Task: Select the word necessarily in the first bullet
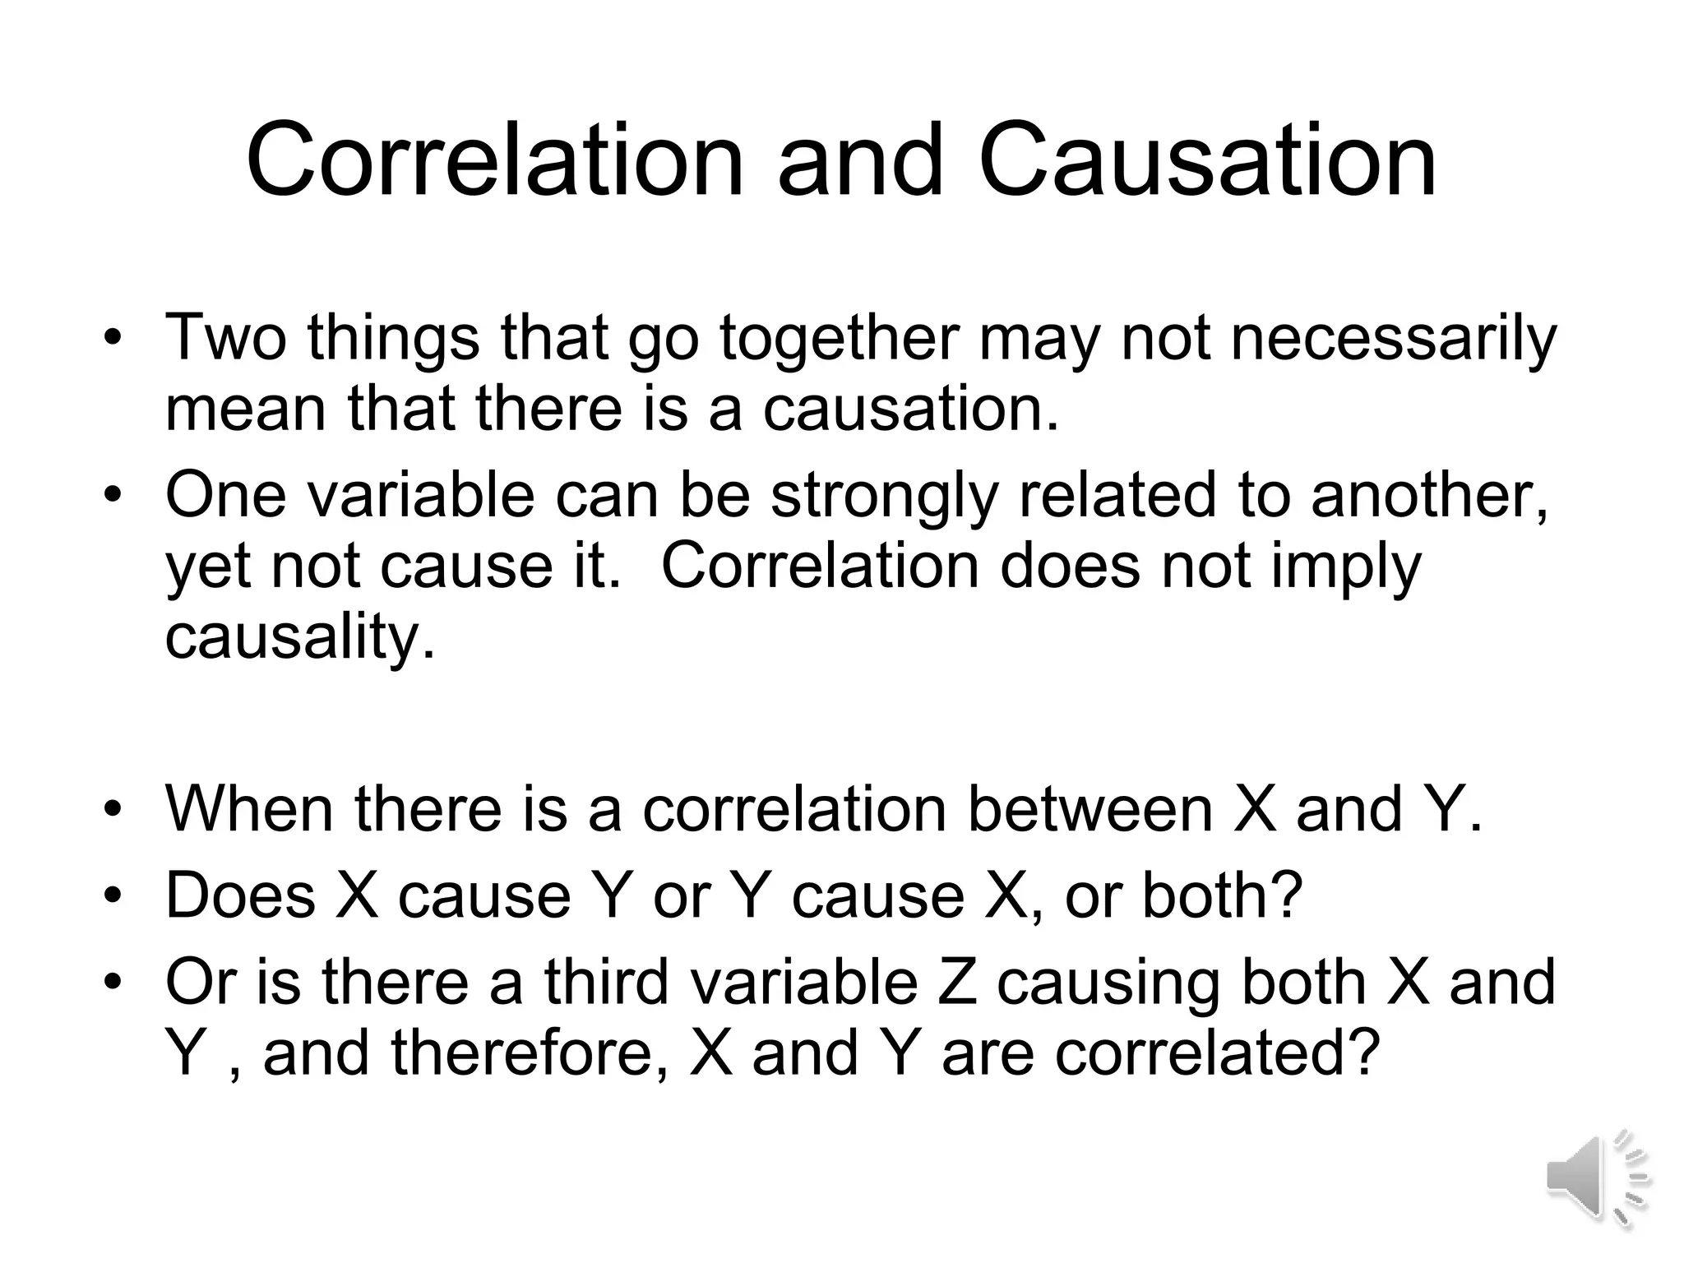coord(1393,339)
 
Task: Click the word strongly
coord(884,497)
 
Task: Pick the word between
coord(1090,809)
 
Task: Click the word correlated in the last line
coord(1214,1053)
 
